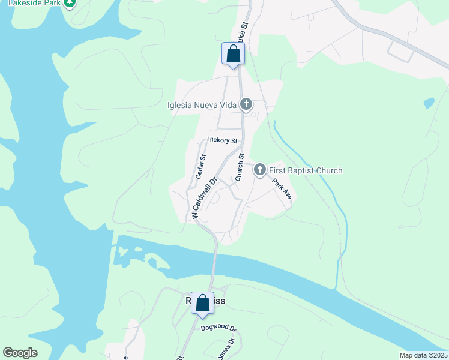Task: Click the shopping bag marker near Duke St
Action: (233, 54)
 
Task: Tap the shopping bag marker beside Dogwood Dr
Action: (202, 304)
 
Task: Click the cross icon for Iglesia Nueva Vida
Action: (246, 105)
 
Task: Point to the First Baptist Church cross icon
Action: (259, 170)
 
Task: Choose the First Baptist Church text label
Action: (306, 170)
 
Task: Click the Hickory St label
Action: (222, 140)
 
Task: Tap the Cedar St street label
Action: (201, 167)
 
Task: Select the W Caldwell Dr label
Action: (203, 197)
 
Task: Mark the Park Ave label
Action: (282, 189)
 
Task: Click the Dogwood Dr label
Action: (219, 328)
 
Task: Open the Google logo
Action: (20, 353)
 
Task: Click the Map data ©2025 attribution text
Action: (423, 355)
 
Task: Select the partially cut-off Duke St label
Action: (242, 32)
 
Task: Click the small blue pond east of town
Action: (429, 103)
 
